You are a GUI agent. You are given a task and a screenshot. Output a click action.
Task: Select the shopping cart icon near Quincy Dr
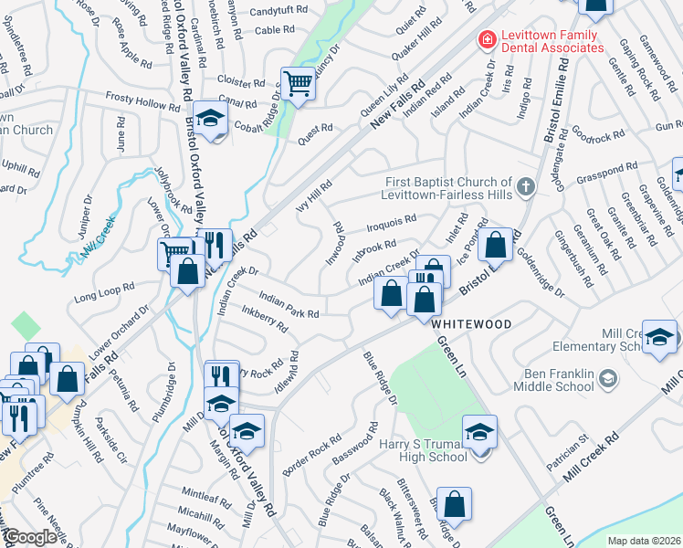pyautogui.click(x=298, y=85)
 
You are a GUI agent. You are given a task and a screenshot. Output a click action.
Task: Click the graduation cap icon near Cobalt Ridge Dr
pyautogui.click(x=210, y=119)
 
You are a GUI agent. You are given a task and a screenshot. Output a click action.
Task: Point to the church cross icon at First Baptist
pyautogui.click(x=525, y=187)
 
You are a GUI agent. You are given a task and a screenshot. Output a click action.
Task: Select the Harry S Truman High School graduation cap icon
pyautogui.click(x=479, y=432)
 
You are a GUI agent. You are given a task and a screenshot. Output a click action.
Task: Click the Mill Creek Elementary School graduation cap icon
pyautogui.click(x=657, y=336)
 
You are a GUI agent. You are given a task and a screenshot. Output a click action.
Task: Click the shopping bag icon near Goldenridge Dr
pyautogui.click(x=496, y=245)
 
